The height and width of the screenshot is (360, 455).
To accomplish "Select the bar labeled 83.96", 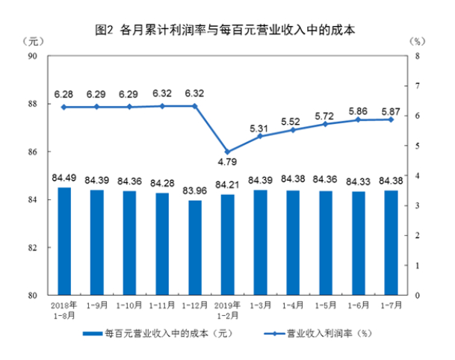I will tap(195, 247).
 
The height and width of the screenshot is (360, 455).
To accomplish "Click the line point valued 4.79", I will tap(228, 152).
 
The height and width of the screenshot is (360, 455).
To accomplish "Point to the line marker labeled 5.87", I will tap(390, 120).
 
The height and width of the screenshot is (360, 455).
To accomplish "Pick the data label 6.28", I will tap(64, 95).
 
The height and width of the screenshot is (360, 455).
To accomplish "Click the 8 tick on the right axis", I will tap(417, 56).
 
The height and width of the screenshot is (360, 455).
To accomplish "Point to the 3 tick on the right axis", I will tap(417, 205).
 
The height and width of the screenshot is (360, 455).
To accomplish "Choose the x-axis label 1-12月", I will tap(195, 306).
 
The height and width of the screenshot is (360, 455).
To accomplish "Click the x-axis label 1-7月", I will tap(390, 306).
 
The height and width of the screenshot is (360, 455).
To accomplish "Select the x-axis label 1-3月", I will tap(261, 306).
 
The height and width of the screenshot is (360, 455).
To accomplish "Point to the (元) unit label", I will tap(34, 39).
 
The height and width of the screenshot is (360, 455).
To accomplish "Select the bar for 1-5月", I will tap(326, 243).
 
